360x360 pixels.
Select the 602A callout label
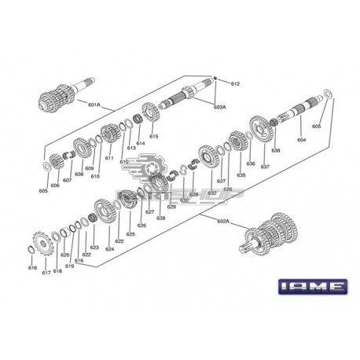click(x=223, y=222)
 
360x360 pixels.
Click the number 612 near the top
click(x=234, y=83)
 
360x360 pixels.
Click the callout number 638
click(x=275, y=150)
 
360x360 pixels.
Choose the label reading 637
click(x=265, y=166)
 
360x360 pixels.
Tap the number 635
click(x=241, y=175)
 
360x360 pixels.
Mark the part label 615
click(x=153, y=137)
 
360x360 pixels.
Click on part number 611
click(x=109, y=158)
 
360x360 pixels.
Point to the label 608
click(x=79, y=174)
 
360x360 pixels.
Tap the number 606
click(x=55, y=186)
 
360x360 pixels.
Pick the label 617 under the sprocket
click(x=46, y=272)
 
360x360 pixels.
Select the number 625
click(x=130, y=234)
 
